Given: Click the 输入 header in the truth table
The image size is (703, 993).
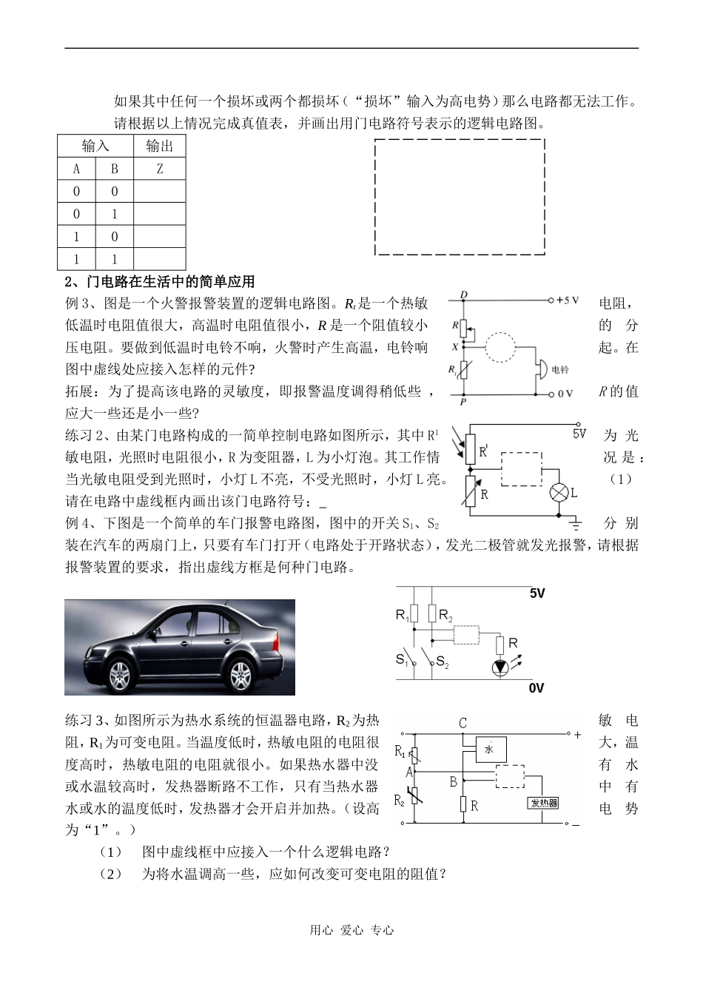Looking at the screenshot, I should click(95, 146).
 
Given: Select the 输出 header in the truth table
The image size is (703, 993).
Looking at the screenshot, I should click(159, 146).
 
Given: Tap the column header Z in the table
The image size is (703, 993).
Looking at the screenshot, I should click(159, 169).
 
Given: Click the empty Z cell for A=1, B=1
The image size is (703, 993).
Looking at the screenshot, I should click(159, 259).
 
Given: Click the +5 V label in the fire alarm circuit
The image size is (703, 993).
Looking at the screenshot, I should click(567, 300).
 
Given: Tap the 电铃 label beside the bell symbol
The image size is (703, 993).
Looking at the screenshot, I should click(560, 369).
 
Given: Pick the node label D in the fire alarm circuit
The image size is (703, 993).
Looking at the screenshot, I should click(463, 295).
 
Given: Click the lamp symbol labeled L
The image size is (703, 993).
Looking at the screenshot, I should click(559, 492).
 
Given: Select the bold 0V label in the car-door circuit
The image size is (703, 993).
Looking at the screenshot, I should click(536, 688).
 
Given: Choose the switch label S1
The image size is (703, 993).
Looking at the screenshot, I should click(402, 659).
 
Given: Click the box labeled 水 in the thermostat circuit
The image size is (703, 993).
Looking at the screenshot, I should click(489, 750).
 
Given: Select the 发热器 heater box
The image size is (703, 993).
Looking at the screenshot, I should click(542, 804).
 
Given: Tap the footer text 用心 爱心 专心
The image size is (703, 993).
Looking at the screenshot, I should click(351, 930).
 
